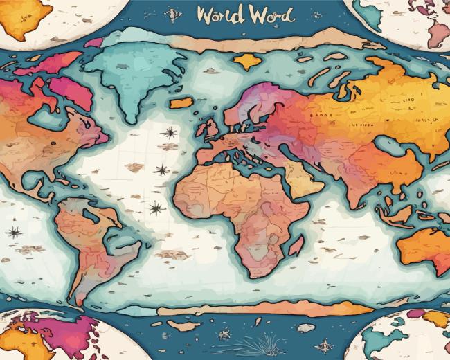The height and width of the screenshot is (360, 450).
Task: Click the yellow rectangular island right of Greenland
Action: coord(181,102)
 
